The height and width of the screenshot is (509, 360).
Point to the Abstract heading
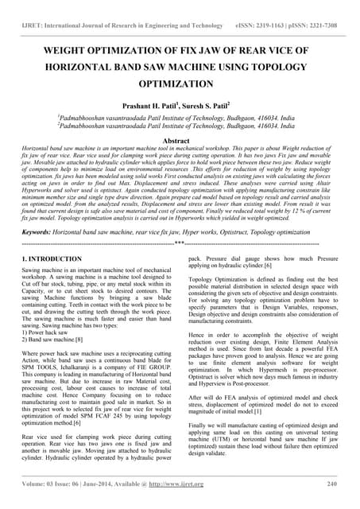pos(180,140)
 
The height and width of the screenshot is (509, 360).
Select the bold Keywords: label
pos(41,231)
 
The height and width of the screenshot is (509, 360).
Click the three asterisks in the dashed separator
pos(180,243)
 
